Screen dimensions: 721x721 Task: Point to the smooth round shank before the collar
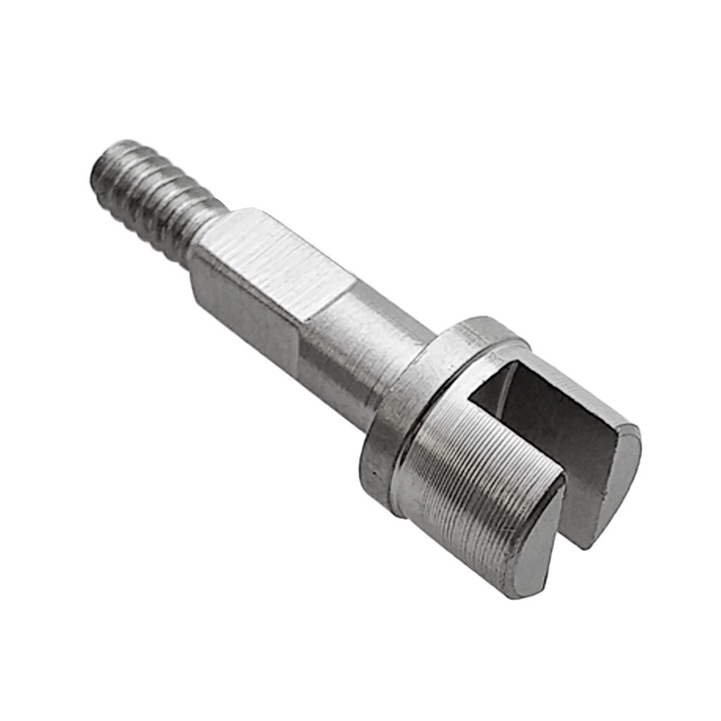pos(366,352)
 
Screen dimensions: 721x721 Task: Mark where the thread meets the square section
pos(204,236)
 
